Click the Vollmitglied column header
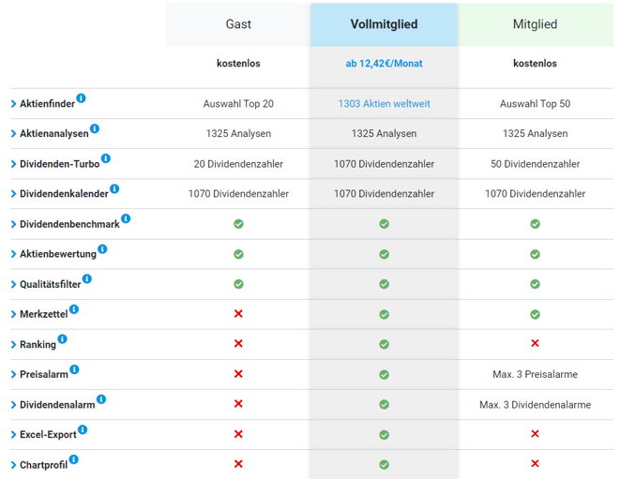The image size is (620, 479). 384,24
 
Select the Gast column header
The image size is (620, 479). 238,24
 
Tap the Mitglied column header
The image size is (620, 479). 535,24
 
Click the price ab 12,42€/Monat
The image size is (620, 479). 384,64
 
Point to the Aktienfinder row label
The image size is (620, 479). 47,104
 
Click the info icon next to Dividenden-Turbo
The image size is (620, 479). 106,158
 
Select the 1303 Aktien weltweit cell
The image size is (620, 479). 384,104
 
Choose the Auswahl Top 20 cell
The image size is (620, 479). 238,104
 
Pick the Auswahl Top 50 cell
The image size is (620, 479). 535,104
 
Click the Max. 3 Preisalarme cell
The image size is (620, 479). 535,374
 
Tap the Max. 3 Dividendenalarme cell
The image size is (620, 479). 535,404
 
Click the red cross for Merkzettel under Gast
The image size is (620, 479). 238,314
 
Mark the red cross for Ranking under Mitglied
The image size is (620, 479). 535,344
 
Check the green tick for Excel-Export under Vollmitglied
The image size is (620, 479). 384,434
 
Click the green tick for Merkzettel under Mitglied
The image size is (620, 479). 535,314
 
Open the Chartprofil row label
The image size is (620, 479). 43,465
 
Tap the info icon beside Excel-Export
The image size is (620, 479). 83,429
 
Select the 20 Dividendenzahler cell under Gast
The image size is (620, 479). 238,164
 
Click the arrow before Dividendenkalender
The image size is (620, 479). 14,194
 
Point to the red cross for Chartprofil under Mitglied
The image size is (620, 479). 535,464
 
